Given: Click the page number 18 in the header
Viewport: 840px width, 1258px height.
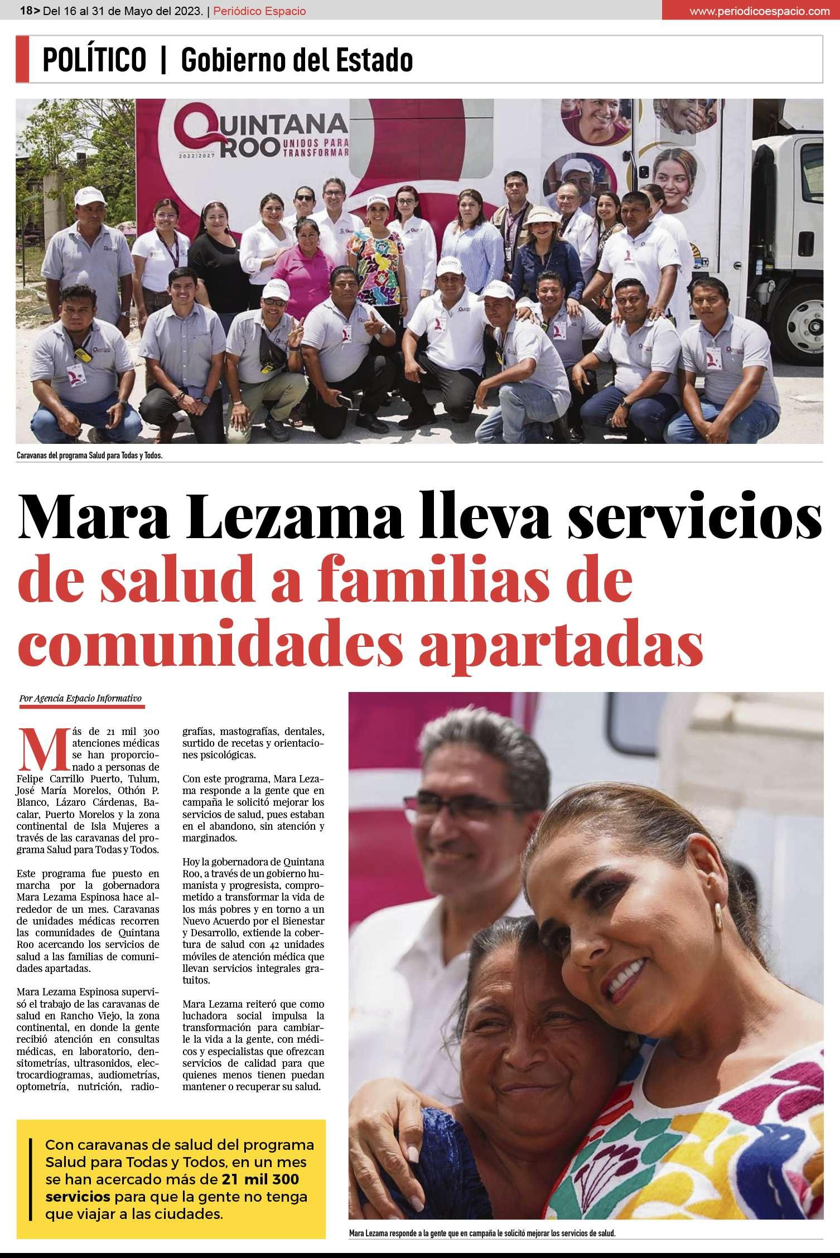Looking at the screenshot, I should point(26,11).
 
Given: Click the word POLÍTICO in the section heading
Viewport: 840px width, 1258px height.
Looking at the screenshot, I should point(94,60).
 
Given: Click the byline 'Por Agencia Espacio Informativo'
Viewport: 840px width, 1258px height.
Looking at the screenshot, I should point(80,698).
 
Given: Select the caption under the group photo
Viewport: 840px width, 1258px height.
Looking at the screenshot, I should point(90,456).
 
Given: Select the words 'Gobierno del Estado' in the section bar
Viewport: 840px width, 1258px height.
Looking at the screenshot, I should point(297,60).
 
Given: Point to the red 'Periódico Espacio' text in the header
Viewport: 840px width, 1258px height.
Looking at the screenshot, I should point(260,11).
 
